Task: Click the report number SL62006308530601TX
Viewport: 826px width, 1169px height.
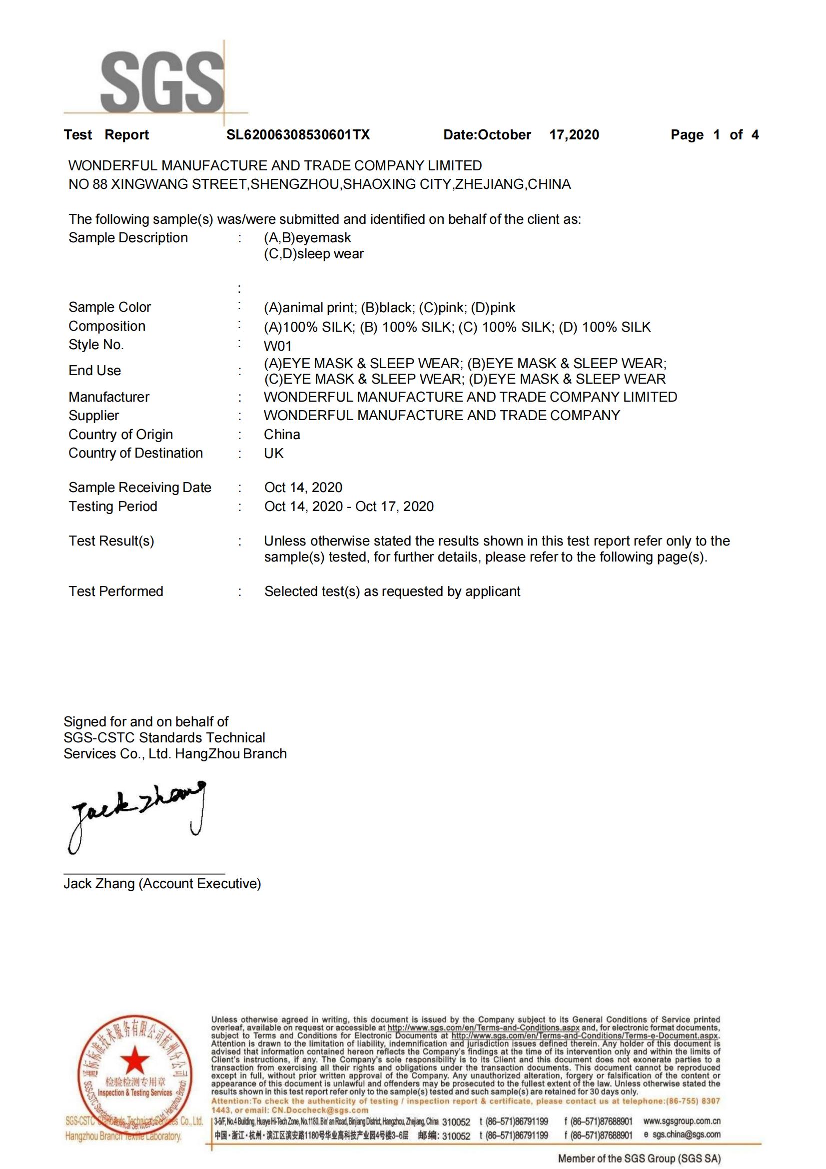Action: [x=298, y=135]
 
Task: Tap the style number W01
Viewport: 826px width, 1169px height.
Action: [x=277, y=346]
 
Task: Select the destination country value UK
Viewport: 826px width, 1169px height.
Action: [x=273, y=454]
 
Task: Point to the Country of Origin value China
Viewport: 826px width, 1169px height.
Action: [x=282, y=435]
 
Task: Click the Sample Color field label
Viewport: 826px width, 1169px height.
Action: [x=109, y=308]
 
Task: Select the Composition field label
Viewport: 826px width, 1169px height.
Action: [x=107, y=326]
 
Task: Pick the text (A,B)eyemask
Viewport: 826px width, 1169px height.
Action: [x=307, y=238]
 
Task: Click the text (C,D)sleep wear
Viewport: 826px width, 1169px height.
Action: [x=314, y=254]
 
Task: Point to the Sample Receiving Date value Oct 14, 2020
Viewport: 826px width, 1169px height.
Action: [x=303, y=488]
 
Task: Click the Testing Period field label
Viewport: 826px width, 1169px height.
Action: [x=112, y=507]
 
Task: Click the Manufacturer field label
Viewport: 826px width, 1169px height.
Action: [x=109, y=397]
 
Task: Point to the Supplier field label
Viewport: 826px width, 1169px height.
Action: [x=94, y=416]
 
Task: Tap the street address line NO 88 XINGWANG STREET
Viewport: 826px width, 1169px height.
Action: [x=319, y=184]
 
